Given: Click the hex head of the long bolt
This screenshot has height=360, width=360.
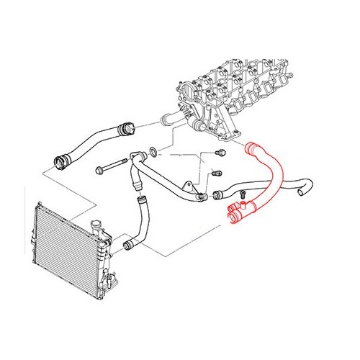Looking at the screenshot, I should pyautogui.click(x=99, y=171).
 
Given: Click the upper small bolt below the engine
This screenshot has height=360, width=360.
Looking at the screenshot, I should pyautogui.click(x=220, y=153).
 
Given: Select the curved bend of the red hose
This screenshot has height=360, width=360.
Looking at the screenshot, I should pyautogui.click(x=274, y=173).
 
